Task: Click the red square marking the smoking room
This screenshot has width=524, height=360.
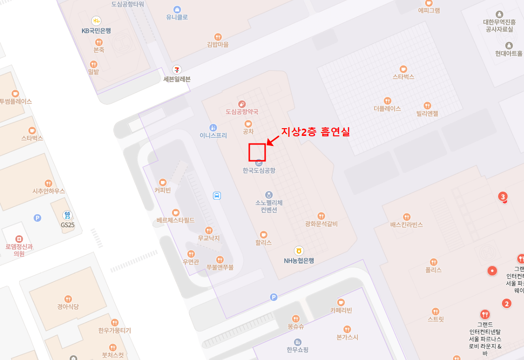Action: (257, 152)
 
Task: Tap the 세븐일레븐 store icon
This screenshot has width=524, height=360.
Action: (177, 70)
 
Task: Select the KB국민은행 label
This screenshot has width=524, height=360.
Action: (96, 31)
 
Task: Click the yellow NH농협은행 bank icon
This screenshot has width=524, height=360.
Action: (299, 251)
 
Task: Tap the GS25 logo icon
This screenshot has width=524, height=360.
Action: (68, 216)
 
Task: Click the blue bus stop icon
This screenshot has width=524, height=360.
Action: (217, 195)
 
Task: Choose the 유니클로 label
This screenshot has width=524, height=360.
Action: (177, 17)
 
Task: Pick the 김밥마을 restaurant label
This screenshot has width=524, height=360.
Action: (218, 45)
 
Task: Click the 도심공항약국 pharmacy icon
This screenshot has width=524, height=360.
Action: (242, 103)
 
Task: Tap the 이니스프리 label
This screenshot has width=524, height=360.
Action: (213, 135)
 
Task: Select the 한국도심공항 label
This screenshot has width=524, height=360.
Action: (259, 170)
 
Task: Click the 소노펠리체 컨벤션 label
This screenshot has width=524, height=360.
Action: (269, 206)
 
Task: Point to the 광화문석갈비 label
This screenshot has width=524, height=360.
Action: (321, 224)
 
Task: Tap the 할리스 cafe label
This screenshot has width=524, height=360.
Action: (264, 243)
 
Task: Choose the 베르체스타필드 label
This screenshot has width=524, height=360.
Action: (175, 220)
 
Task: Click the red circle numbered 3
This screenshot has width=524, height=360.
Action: (503, 196)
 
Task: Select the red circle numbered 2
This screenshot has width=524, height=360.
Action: (506, 303)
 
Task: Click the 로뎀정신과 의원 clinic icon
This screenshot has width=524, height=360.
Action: (19, 239)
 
